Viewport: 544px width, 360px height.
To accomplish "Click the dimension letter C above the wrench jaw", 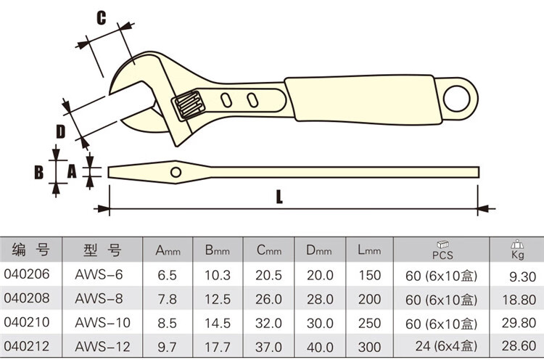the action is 101,17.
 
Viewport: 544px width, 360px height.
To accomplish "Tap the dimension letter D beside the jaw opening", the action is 60,131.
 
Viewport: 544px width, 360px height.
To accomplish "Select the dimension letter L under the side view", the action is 279,197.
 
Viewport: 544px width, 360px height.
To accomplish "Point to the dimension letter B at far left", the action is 39,172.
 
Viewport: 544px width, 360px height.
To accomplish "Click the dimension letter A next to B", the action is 72,171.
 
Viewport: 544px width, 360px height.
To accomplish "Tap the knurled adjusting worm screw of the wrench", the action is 189,105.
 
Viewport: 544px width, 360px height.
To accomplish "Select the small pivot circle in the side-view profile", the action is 176,172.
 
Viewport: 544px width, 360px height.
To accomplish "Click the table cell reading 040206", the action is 27,274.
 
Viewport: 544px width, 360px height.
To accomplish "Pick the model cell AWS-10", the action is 102,322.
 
